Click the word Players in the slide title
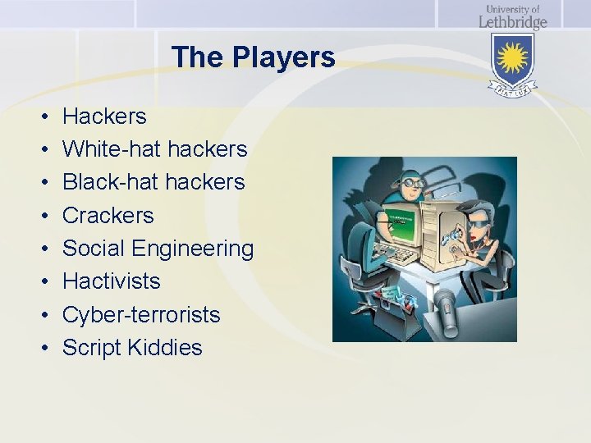[x=284, y=57]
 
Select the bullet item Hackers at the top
[x=104, y=116]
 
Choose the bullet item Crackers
[x=108, y=215]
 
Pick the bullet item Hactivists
[x=112, y=281]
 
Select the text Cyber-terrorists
[x=141, y=314]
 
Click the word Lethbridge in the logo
[x=513, y=21]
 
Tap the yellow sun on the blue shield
[x=513, y=58]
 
